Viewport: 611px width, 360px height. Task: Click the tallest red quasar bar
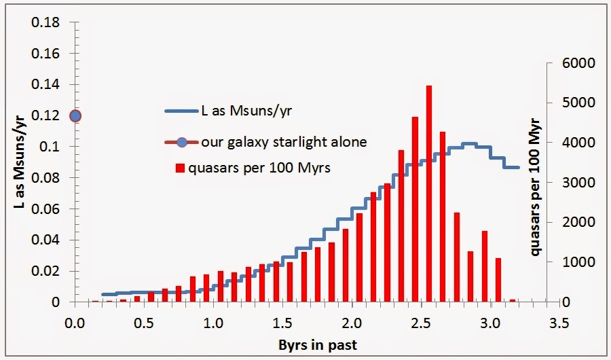(429, 194)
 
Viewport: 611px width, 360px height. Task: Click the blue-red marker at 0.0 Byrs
(75, 115)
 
